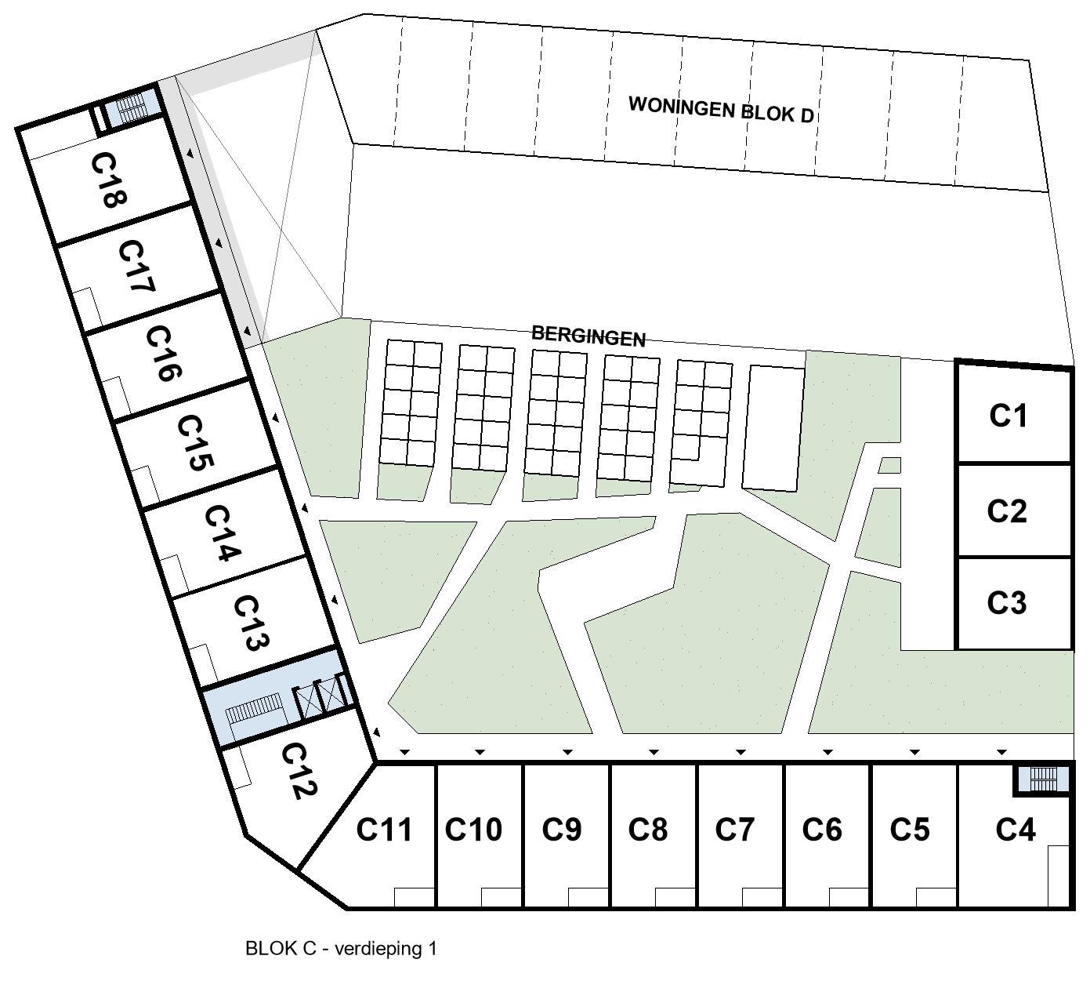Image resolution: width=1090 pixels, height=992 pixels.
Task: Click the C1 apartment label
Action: [1008, 416]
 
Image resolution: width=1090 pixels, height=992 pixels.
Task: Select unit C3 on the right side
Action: [1007, 603]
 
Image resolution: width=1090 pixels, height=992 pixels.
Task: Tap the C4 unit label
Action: [1016, 829]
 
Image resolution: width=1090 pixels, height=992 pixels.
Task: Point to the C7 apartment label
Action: [734, 829]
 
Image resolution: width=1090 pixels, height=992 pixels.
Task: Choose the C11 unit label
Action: [384, 829]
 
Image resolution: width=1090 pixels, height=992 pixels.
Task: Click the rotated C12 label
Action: [298, 772]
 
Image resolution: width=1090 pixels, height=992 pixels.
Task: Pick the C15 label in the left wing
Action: [194, 443]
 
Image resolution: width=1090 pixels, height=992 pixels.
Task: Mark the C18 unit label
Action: [108, 180]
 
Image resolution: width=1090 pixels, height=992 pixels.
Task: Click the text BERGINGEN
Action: [588, 335]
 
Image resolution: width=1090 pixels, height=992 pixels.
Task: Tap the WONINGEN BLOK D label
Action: [721, 108]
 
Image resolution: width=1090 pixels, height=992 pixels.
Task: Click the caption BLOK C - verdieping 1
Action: [341, 949]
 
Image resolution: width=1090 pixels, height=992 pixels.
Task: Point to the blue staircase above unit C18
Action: [132, 107]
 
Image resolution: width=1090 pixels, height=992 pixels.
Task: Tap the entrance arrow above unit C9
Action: [567, 752]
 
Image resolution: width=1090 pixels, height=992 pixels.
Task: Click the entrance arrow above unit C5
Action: [914, 752]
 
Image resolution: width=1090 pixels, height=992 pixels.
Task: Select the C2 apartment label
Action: [1007, 511]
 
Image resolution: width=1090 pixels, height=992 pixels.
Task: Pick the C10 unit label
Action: [473, 829]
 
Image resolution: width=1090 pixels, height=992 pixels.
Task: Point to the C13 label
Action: [252, 623]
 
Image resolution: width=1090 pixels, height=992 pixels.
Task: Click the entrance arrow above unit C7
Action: [741, 752]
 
